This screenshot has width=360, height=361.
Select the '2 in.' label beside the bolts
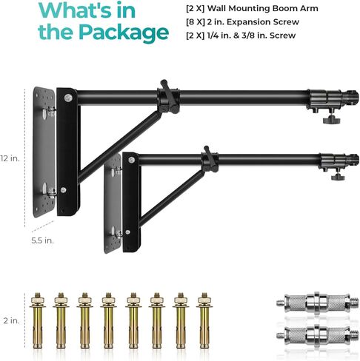point(11,320)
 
